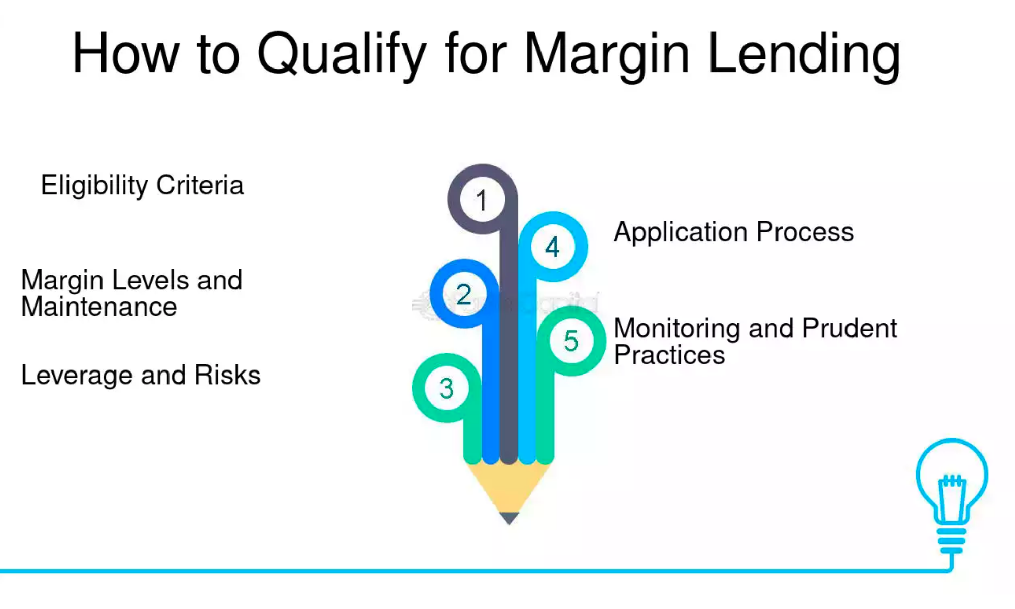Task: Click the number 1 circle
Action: (482, 199)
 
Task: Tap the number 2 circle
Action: (464, 294)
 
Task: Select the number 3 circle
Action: (446, 388)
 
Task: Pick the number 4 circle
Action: (552, 247)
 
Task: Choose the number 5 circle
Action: (571, 341)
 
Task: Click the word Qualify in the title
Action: (342, 55)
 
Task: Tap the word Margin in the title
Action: (606, 55)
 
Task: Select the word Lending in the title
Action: (804, 55)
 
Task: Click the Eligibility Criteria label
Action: (142, 185)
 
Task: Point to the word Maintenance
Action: (99, 307)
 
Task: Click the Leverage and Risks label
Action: (141, 376)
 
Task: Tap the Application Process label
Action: (733, 232)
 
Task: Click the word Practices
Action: (669, 355)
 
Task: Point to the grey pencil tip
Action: (509, 518)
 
